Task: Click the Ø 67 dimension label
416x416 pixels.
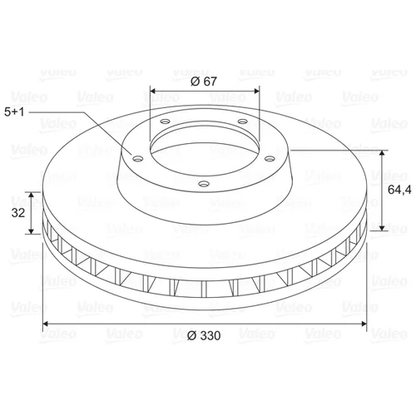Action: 204,82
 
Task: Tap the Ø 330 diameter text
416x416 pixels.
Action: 204,335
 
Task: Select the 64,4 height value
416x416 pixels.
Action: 399,190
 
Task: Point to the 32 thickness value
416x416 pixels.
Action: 18,213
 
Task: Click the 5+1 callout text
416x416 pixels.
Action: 14,112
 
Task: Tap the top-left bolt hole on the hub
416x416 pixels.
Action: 166,121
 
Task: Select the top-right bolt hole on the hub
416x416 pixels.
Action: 243,121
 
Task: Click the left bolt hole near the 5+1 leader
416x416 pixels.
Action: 137,159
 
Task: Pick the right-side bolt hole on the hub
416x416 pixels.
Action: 270,159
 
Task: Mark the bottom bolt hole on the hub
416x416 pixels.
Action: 204,184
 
